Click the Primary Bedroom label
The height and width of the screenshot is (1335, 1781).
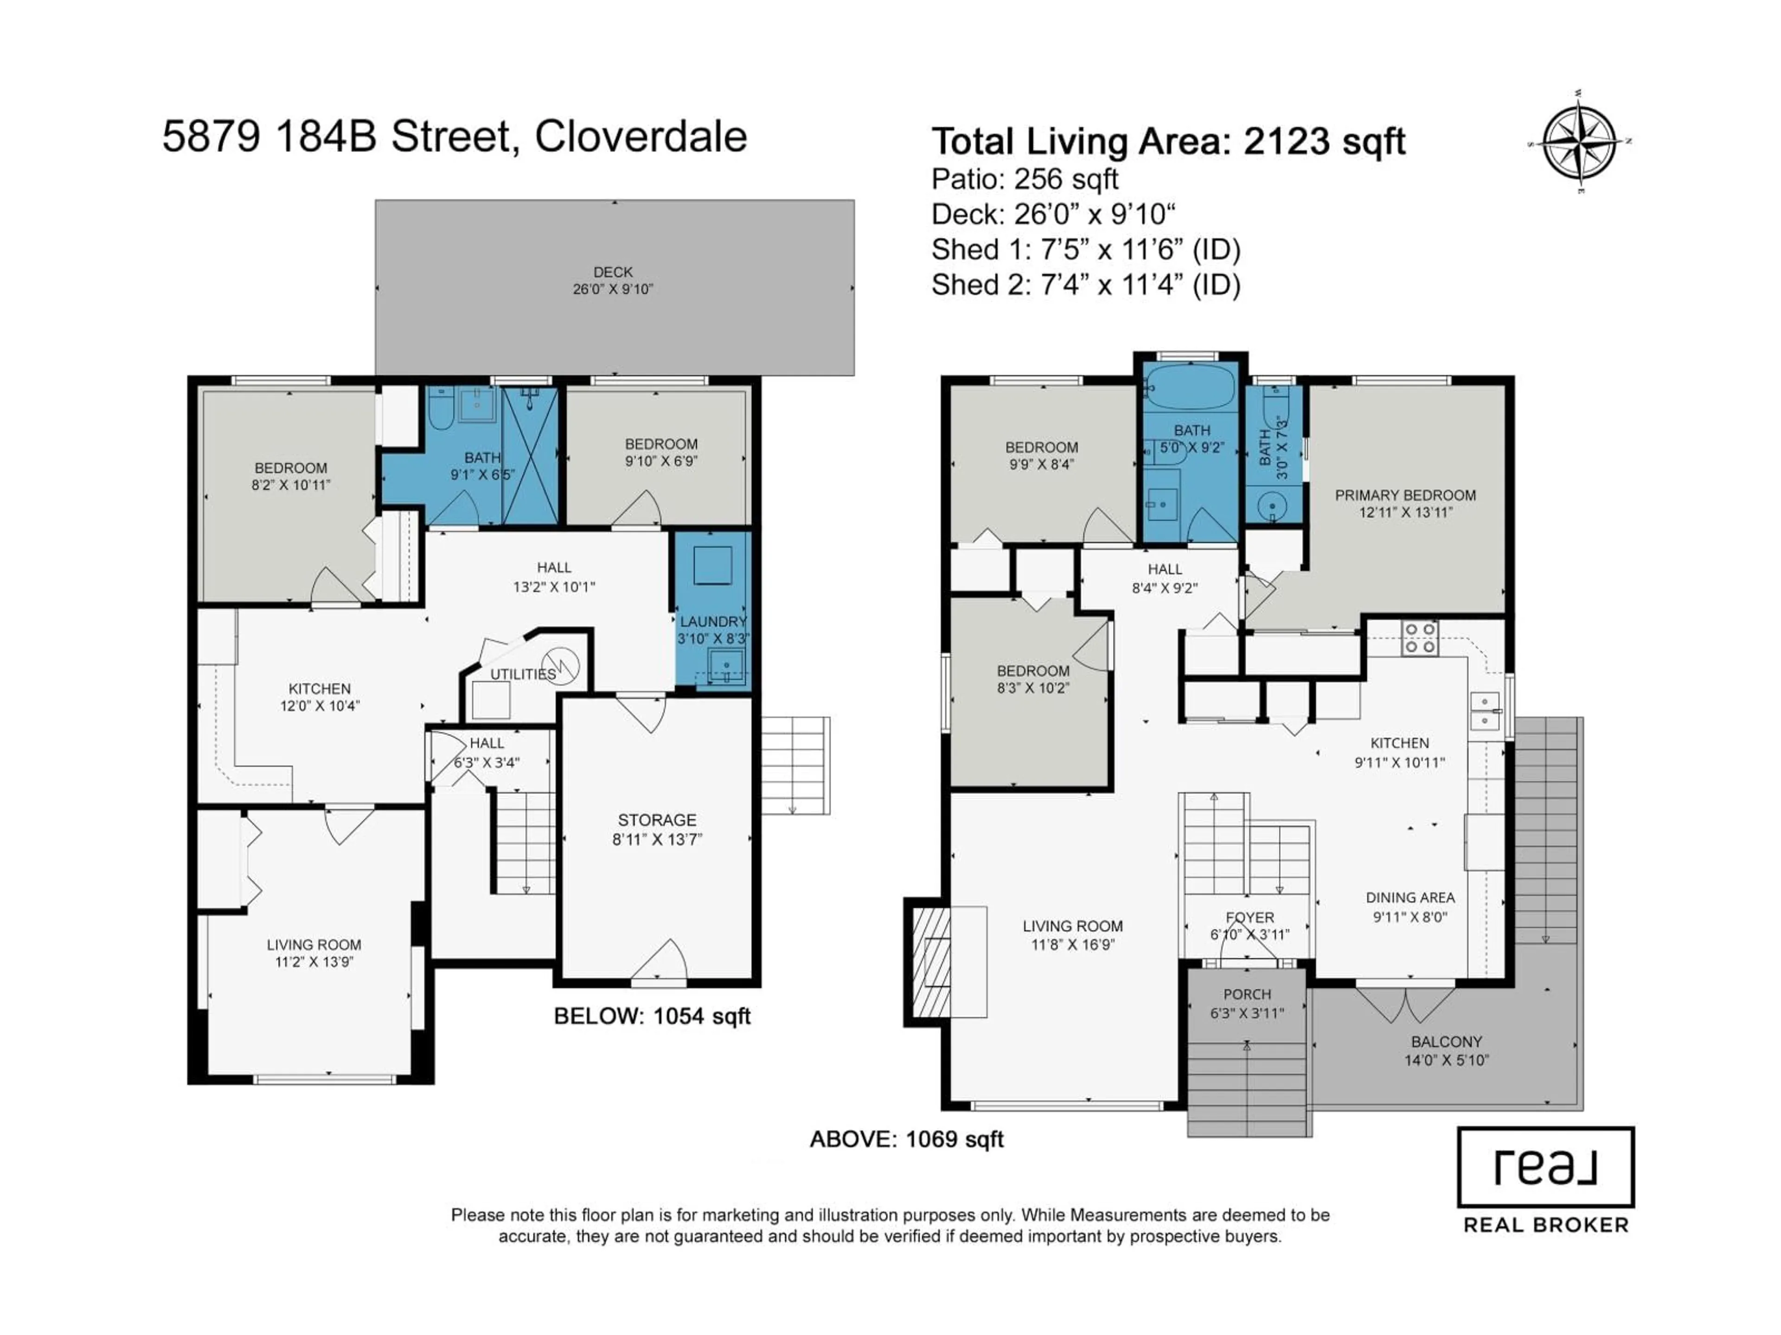tap(1405, 496)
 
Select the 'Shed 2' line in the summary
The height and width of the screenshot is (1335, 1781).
tap(1085, 285)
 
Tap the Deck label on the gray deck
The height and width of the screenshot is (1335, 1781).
tap(613, 273)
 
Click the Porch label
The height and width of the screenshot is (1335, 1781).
tap(1246, 995)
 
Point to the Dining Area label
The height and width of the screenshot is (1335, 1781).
tap(1410, 897)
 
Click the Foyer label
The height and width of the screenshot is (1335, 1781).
tap(1249, 917)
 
